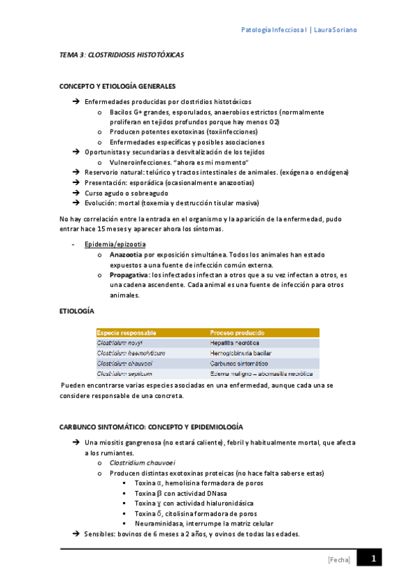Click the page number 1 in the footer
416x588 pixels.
(373, 559)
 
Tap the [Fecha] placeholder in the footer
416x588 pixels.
(338, 560)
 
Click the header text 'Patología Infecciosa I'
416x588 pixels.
(274, 31)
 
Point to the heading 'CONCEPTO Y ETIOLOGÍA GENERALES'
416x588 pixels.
(117, 87)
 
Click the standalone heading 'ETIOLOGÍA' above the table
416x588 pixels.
(77, 313)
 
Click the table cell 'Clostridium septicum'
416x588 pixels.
(124, 373)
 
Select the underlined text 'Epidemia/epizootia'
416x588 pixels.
(115, 245)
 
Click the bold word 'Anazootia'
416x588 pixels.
(126, 255)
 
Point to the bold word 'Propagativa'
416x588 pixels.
(130, 275)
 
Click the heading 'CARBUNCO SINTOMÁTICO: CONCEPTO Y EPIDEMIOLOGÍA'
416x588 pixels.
(151, 427)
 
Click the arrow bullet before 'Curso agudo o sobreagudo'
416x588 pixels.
(75, 193)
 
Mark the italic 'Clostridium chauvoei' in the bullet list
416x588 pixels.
(142, 463)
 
